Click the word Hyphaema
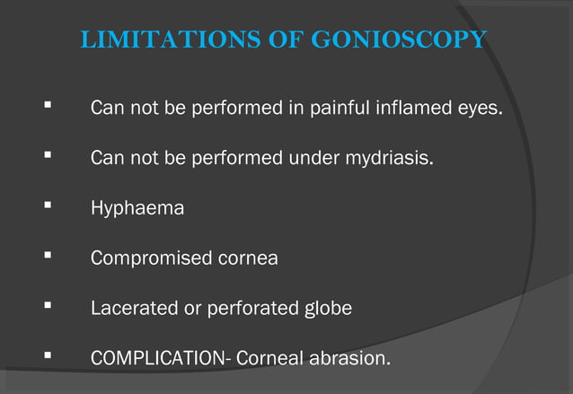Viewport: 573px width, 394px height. pos(137,209)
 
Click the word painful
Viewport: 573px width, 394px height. pos(332,110)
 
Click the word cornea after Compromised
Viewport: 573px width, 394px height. pos(249,258)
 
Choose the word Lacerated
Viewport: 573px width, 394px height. pos(134,308)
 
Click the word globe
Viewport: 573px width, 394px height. pos(325,308)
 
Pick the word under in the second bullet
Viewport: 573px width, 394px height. pos(312,160)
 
